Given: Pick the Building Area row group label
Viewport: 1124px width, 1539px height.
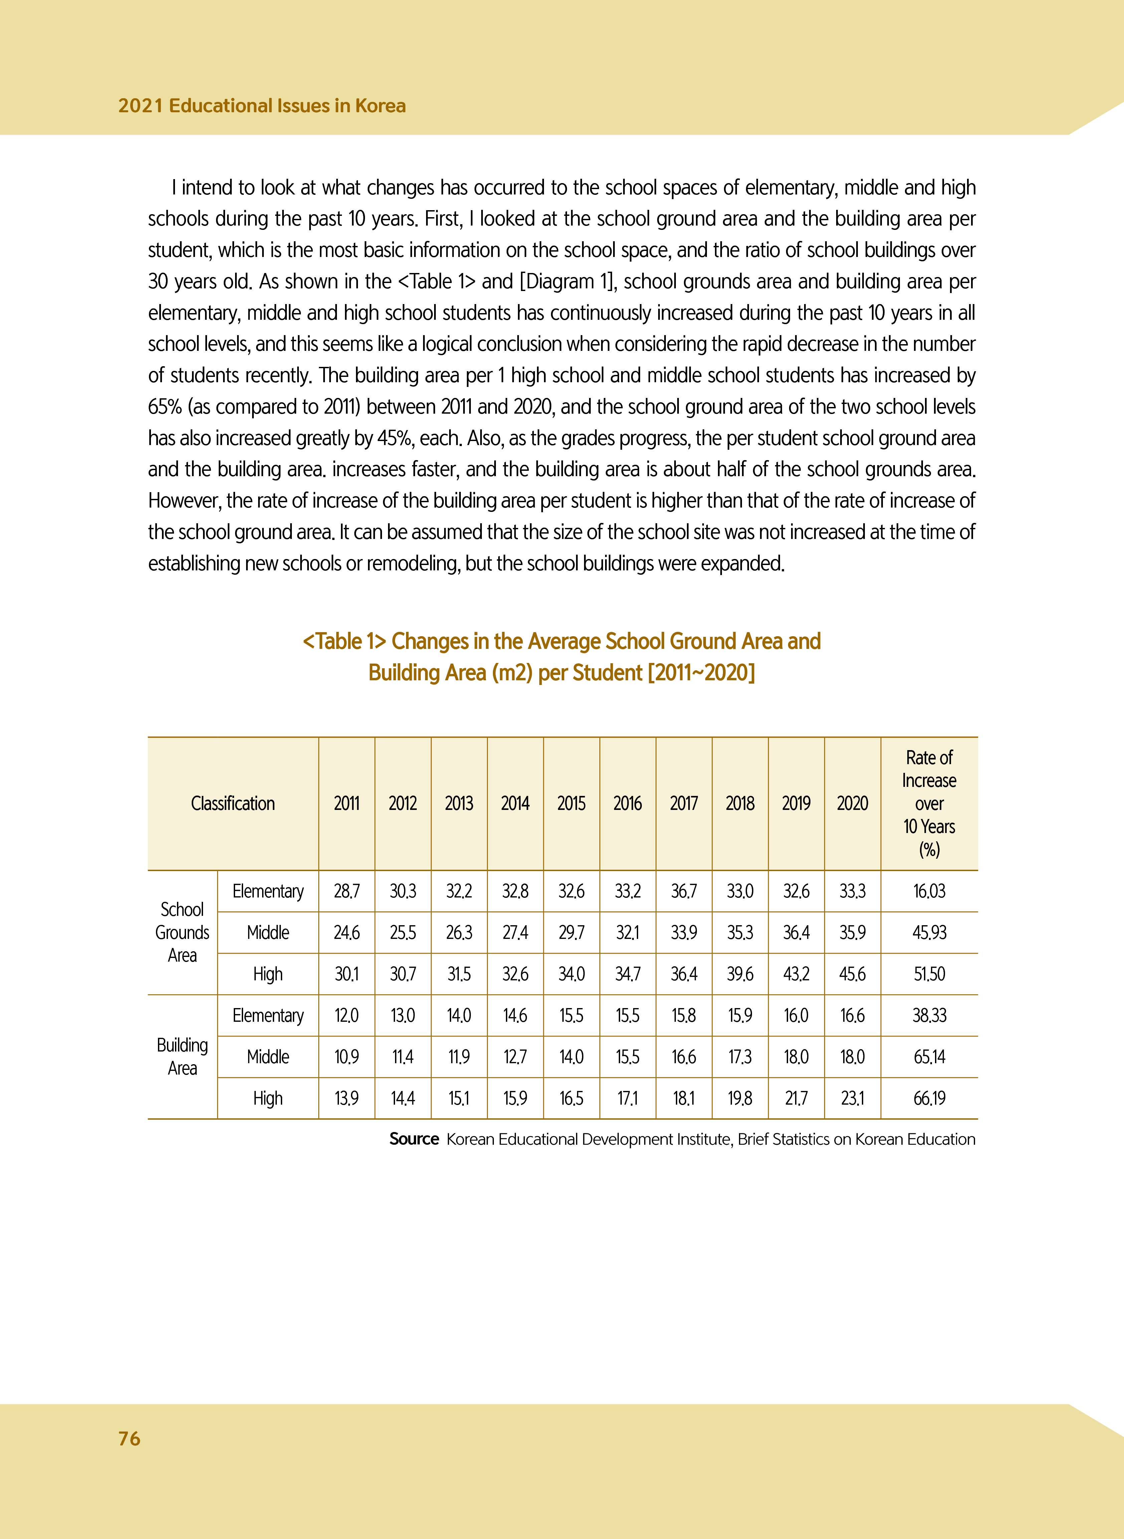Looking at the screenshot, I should click(182, 1057).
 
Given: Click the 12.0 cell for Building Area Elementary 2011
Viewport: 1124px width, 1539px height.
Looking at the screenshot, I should click(346, 1015).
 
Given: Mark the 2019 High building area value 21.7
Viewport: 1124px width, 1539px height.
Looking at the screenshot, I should click(796, 1098).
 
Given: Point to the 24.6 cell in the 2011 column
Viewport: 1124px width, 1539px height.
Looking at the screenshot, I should click(346, 933).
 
